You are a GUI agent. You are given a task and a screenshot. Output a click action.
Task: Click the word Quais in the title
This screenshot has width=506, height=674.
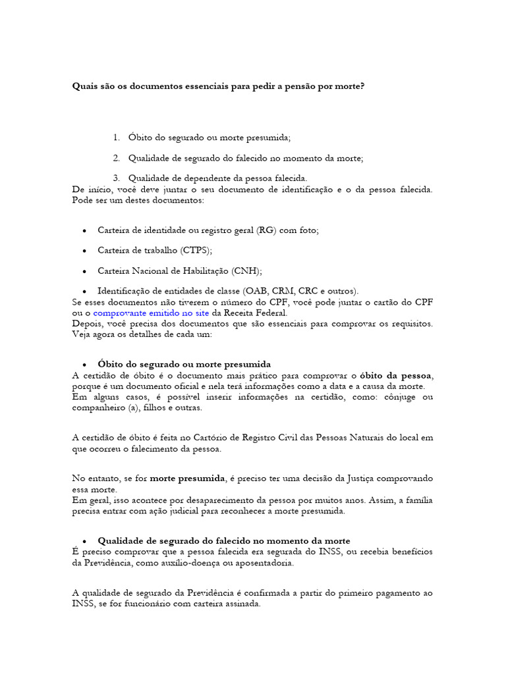coord(84,86)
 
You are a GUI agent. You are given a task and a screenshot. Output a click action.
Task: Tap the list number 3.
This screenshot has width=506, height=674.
coord(116,178)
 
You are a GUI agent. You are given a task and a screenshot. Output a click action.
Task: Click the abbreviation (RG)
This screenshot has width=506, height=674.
coord(267,230)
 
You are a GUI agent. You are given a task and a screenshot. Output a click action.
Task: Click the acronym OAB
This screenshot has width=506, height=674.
coord(257,290)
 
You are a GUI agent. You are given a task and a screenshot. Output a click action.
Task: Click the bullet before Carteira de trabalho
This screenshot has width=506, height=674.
coord(86,251)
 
